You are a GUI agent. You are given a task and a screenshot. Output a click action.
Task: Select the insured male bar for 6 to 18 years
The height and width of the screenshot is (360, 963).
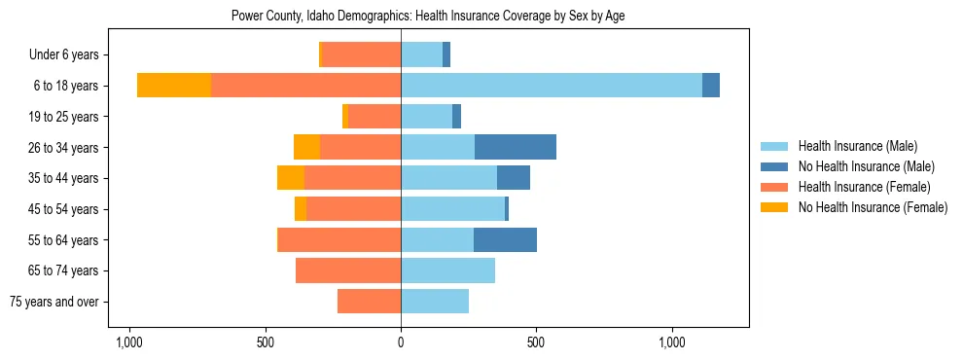551,86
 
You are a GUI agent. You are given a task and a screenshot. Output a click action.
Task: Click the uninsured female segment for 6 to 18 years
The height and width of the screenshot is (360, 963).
174,86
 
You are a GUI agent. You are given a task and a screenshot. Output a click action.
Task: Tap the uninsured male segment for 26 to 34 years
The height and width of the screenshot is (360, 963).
516,147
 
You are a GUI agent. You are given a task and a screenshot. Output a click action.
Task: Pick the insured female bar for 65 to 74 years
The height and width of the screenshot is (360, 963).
348,270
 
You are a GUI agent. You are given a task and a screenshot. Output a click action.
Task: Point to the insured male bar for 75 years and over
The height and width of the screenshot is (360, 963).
435,302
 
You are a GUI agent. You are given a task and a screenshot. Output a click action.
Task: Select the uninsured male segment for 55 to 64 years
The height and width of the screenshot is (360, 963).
505,239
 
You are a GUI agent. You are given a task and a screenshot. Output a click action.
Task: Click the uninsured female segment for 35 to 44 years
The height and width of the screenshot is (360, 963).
291,178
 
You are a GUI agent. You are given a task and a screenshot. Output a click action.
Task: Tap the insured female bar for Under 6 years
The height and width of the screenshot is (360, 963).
362,54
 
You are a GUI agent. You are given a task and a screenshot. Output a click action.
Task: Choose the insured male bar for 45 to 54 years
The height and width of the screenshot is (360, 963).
452,208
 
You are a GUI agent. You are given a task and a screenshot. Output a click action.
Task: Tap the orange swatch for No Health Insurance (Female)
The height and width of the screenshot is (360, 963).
774,207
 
